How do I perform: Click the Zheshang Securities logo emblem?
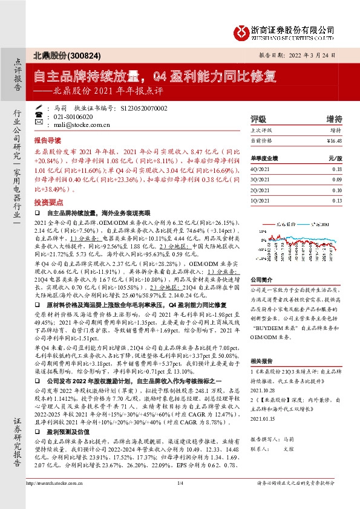(243, 30)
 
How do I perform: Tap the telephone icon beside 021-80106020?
(39, 116)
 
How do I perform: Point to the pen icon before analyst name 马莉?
(39, 108)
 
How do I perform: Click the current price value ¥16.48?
(333, 140)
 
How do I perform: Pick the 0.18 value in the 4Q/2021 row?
(336, 170)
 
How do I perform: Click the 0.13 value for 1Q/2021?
(336, 200)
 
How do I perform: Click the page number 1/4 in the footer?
(180, 500)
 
